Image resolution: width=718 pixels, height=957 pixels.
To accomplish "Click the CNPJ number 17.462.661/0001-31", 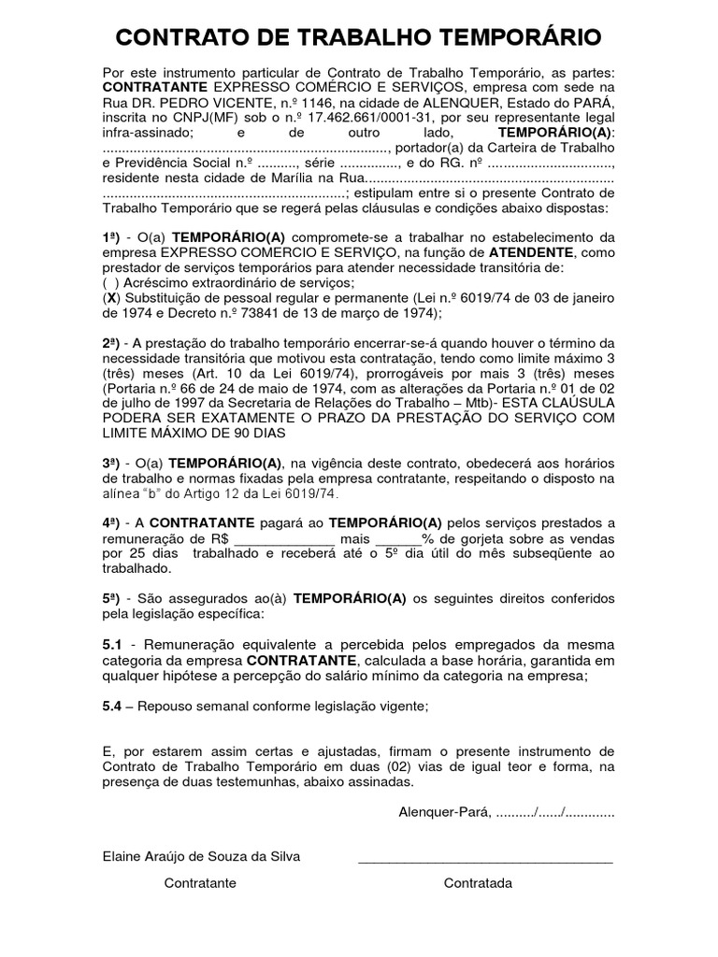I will (x=456, y=117).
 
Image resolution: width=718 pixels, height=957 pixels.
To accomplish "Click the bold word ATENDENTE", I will (x=531, y=252).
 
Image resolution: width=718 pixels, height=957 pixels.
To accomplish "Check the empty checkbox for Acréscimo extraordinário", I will (x=110, y=282).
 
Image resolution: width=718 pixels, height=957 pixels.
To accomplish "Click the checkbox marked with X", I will (x=110, y=298).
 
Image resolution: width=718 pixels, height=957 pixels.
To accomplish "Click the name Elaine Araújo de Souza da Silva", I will (x=201, y=857).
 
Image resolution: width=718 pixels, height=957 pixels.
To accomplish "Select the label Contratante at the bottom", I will (x=200, y=883).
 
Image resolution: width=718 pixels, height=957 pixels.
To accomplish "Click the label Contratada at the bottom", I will (x=478, y=883).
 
